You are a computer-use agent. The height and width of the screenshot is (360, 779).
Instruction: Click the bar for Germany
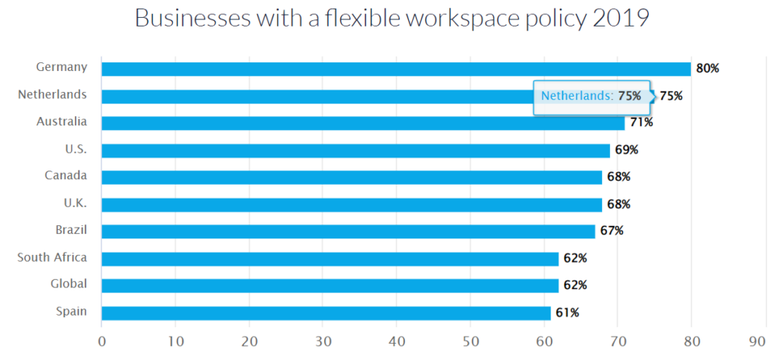tap(396, 69)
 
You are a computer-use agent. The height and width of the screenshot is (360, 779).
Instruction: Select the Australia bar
tap(363, 123)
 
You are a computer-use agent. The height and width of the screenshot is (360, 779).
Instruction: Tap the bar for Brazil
tap(348, 231)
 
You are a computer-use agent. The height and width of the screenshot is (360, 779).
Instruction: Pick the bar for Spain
tap(326, 312)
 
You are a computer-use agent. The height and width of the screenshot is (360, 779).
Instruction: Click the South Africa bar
tap(330, 259)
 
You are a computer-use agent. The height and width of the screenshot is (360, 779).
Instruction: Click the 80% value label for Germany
tap(707, 69)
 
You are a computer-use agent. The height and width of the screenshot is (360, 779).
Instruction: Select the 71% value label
tap(641, 123)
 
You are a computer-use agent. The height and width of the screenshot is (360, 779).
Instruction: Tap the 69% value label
tap(626, 150)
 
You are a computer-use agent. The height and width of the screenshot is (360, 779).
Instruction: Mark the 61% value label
tap(567, 312)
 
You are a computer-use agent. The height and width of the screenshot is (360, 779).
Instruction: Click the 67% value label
tap(612, 231)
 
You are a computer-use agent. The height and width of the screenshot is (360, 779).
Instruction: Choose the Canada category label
tap(66, 175)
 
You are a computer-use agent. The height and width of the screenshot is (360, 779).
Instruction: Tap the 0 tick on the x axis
tap(102, 341)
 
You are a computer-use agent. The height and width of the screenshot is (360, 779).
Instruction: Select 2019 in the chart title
tap(620, 19)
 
